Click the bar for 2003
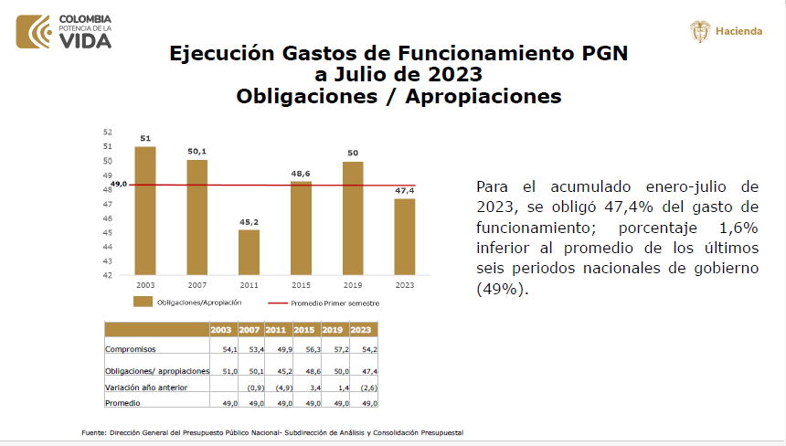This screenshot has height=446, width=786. point(145,210)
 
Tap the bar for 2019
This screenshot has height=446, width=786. point(354,218)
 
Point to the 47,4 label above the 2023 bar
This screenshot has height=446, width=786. point(405,190)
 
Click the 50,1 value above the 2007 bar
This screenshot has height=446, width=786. point(197,152)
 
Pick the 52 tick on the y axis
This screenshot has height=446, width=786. point(108,133)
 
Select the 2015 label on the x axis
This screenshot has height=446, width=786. point(301,284)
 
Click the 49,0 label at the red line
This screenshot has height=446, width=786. point(118,185)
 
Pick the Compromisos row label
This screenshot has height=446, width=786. point(131,349)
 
